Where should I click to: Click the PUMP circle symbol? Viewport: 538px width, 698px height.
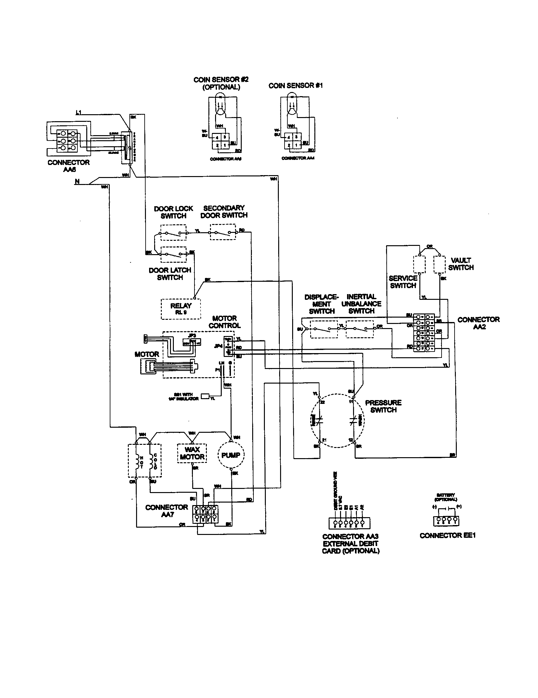(231, 455)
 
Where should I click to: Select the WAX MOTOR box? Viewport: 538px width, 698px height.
(192, 453)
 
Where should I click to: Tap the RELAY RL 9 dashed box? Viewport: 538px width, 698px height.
(181, 309)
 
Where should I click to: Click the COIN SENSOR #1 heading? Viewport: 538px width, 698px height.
(296, 86)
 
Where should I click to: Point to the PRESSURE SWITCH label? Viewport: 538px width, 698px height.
(383, 406)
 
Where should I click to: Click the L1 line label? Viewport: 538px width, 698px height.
(78, 113)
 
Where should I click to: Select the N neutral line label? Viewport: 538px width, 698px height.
(77, 181)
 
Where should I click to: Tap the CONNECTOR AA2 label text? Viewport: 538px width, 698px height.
(478, 323)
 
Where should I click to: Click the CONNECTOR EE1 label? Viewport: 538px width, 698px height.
(447, 535)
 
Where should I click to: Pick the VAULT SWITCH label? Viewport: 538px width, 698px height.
(461, 264)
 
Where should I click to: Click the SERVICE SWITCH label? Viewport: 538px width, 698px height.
(403, 282)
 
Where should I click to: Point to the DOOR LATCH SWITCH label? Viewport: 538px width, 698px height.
(170, 274)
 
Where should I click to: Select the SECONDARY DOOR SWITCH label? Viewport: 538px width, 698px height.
(224, 212)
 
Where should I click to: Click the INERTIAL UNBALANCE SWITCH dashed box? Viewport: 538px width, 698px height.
(360, 329)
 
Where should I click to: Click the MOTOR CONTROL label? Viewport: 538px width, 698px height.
(225, 322)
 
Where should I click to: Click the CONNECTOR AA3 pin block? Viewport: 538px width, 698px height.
(349, 523)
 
